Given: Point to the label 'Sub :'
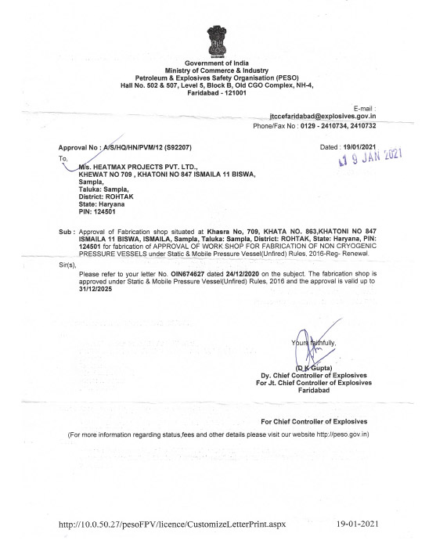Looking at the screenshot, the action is point(67,233).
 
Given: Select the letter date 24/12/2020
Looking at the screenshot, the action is point(238,273).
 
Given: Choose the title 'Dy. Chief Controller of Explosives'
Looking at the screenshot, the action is point(310,375).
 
